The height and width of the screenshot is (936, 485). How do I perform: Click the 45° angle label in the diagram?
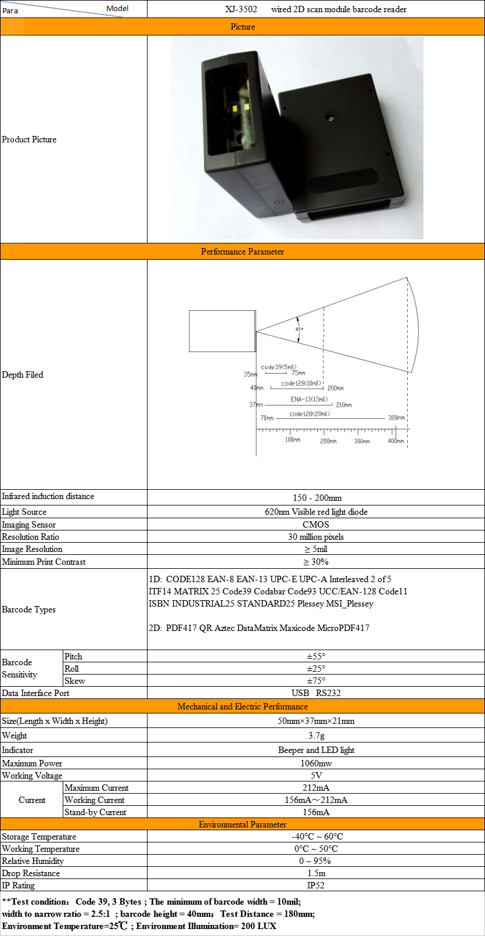(299, 329)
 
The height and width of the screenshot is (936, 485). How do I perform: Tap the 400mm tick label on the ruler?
(396, 441)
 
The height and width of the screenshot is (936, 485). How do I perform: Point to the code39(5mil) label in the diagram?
(278, 367)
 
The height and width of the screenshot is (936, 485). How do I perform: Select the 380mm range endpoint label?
(396, 418)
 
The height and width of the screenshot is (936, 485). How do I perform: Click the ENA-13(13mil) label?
(309, 399)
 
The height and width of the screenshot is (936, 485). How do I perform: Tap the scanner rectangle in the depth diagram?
(222, 331)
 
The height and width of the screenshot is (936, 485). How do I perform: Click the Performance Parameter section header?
(242, 252)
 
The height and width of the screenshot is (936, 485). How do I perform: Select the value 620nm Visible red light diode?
(315, 512)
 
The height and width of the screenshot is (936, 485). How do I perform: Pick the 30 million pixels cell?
(315, 537)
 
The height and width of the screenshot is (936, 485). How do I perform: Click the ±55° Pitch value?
(315, 657)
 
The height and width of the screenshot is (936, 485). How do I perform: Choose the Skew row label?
(74, 681)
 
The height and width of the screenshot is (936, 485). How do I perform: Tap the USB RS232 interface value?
(315, 693)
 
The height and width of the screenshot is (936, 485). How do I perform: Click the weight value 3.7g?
(315, 736)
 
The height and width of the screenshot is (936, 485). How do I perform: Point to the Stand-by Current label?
(95, 812)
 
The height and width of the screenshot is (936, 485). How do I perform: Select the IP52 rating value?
(315, 885)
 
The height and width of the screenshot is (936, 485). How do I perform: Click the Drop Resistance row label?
(31, 873)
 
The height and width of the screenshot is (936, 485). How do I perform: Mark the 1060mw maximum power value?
(315, 763)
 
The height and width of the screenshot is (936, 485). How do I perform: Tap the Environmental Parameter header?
(242, 824)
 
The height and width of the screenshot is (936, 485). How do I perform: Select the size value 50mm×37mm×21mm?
(315, 721)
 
